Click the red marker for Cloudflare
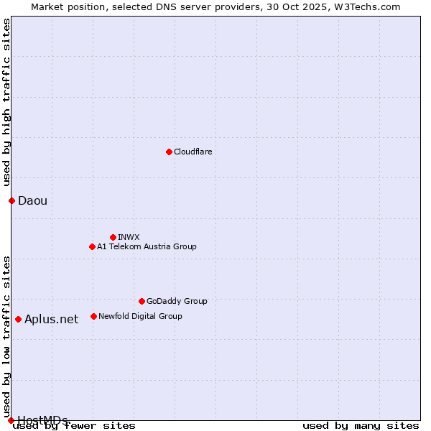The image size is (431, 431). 169,152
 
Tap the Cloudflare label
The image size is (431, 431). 193,152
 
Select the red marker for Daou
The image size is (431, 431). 11,200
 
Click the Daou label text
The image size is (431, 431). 32,200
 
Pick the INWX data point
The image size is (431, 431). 113,237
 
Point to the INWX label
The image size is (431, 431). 129,237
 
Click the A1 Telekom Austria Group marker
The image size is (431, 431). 92,246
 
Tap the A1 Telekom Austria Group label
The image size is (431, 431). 147,246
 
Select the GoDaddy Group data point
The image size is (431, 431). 142,301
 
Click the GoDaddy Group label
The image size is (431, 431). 177,301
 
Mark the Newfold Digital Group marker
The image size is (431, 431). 93,316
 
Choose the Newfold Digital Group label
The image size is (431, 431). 140,316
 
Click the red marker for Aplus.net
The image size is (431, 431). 18,319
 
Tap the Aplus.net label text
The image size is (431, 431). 51,319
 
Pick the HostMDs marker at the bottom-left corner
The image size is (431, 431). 11,420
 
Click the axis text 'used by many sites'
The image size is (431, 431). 361,426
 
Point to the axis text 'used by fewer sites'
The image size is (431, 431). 74,426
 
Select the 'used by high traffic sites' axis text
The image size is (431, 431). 7,103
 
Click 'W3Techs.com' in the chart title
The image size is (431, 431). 371,6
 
